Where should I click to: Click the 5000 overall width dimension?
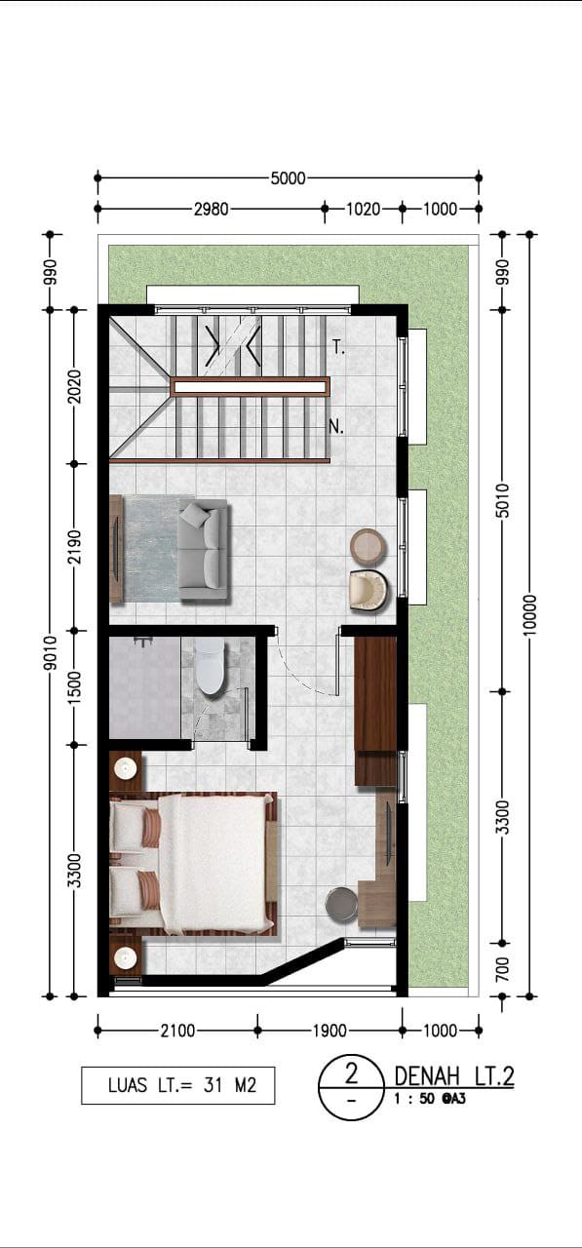(288, 178)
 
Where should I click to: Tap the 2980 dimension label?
(212, 210)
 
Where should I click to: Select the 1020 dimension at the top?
(363, 210)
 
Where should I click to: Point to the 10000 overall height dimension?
(529, 615)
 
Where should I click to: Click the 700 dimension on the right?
(502, 969)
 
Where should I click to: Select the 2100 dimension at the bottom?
(177, 1032)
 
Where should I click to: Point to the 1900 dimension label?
(330, 1032)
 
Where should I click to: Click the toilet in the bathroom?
(210, 666)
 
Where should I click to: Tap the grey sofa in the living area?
(204, 551)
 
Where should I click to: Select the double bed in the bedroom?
(193, 864)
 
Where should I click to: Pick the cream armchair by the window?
(369, 591)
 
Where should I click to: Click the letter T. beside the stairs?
(339, 349)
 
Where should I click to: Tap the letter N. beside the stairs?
(335, 427)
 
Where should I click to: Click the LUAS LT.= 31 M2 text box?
(178, 1085)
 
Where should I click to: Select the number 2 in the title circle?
(351, 1073)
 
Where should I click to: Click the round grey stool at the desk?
(342, 904)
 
